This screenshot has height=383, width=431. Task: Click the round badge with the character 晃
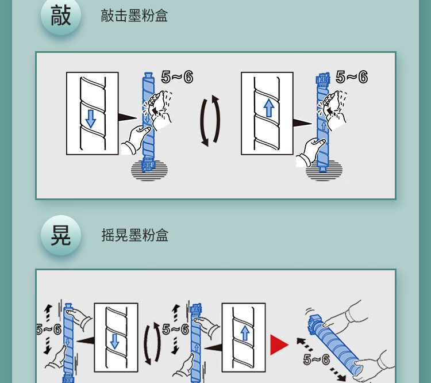tap(61, 235)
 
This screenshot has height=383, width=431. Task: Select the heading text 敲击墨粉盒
tap(134, 16)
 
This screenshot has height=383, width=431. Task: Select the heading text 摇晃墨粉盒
tap(134, 235)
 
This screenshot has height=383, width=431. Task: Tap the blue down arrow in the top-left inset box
tap(90, 119)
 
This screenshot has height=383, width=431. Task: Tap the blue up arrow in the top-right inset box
tap(269, 108)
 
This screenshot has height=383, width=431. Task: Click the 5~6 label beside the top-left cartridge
tap(178, 76)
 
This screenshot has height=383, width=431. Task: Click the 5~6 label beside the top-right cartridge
tap(352, 76)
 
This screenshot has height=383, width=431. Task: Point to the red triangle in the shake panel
tap(279, 344)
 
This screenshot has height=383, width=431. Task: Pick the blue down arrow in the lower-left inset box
tap(114, 342)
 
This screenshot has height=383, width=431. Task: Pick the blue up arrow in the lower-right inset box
tap(245, 334)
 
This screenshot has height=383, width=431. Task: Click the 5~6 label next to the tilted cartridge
tap(317, 359)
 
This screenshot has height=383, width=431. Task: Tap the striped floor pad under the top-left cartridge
tap(149, 171)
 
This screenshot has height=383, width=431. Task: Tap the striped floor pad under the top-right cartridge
tap(324, 171)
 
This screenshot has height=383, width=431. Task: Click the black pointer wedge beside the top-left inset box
tap(128, 118)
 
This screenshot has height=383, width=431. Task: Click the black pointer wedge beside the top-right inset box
tap(302, 123)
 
